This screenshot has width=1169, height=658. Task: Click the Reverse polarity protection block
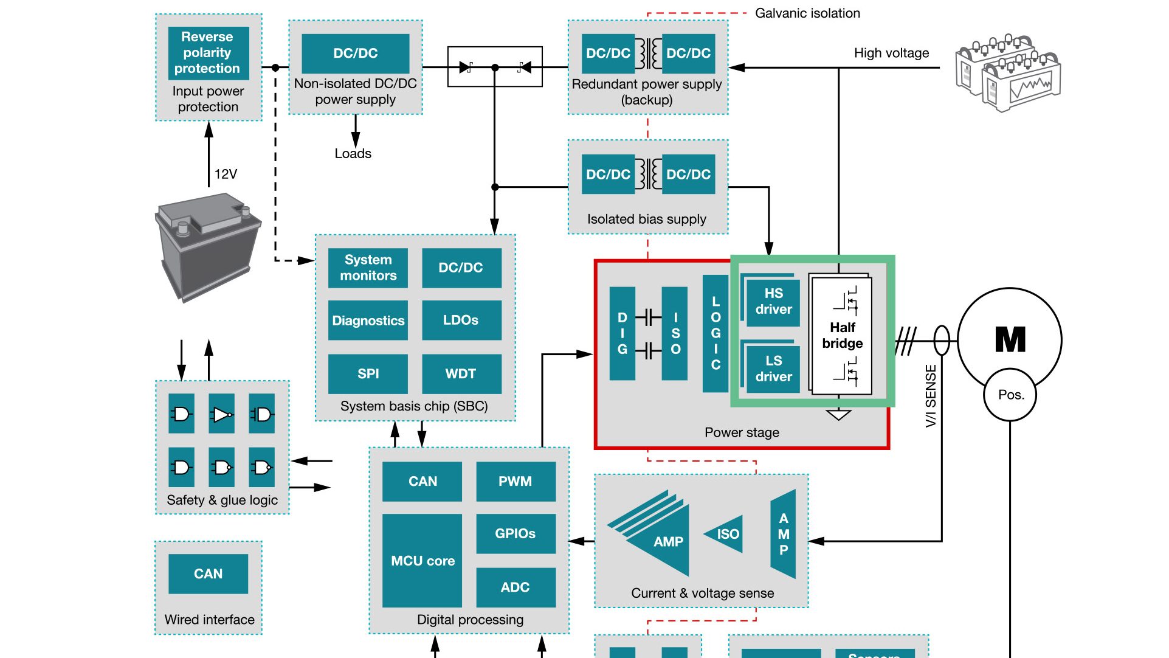tap(208, 53)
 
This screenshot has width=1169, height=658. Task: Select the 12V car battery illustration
tap(207, 246)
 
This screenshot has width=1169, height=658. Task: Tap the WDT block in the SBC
tap(461, 373)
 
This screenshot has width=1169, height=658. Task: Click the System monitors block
tap(368, 268)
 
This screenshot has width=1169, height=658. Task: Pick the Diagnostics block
tap(368, 320)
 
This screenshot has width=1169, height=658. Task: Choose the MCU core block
tap(422, 561)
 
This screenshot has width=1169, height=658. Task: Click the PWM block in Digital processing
tap(515, 482)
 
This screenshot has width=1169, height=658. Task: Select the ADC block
tap(515, 587)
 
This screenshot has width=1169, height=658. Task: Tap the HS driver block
tap(773, 302)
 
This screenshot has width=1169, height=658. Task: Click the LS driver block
tap(773, 369)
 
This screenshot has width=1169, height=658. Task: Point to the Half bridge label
tap(842, 336)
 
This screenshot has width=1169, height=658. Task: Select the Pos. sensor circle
tap(1010, 395)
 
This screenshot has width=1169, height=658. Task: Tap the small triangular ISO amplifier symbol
tap(725, 534)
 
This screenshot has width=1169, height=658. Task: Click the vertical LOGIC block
tap(716, 333)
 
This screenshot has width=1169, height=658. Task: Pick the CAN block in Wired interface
tap(208, 574)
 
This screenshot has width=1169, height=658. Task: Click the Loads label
tap(353, 154)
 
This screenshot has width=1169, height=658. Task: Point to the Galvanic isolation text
tap(807, 13)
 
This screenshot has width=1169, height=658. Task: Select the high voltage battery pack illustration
tap(1007, 73)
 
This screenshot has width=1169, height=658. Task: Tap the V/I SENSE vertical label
tap(931, 395)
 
